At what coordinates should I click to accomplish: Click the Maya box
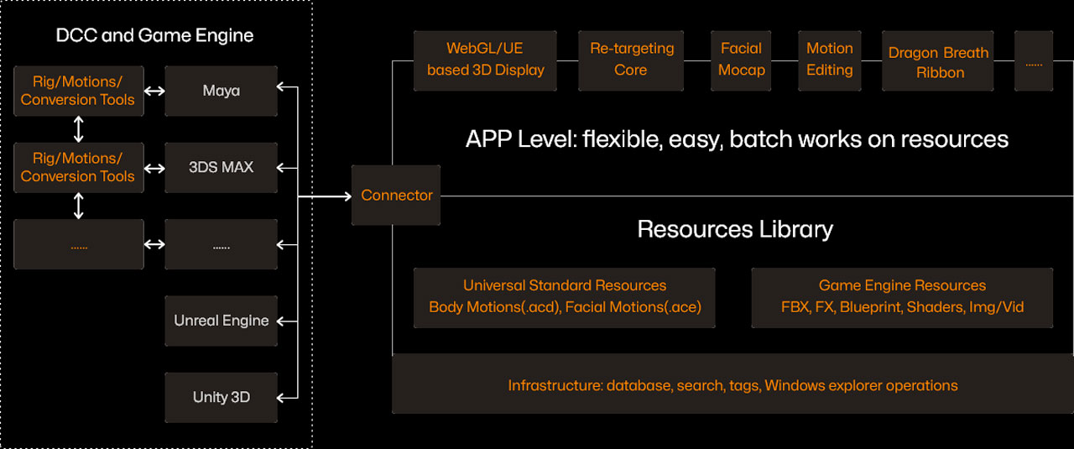pyautogui.click(x=221, y=91)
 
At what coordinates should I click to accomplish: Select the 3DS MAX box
pyautogui.click(x=221, y=167)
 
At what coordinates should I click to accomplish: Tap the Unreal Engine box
pyautogui.click(x=221, y=321)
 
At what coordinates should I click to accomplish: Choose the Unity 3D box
pyautogui.click(x=221, y=397)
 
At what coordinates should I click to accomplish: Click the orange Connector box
pyautogui.click(x=396, y=195)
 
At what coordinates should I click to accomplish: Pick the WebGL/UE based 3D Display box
pyautogui.click(x=485, y=60)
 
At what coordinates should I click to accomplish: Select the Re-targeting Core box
pyautogui.click(x=631, y=60)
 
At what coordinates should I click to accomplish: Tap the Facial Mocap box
pyautogui.click(x=741, y=60)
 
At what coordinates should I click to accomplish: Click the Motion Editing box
pyautogui.click(x=829, y=60)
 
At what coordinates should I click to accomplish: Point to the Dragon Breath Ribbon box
pyautogui.click(x=938, y=62)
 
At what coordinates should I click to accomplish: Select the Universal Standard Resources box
pyautogui.click(x=564, y=297)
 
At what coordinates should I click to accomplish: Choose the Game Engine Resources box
pyautogui.click(x=902, y=297)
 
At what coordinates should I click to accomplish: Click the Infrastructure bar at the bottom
pyautogui.click(x=732, y=385)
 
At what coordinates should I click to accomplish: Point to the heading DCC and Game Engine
pyautogui.click(x=154, y=35)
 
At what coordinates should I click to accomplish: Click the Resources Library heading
pyautogui.click(x=734, y=229)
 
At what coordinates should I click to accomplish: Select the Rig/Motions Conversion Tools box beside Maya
pyautogui.click(x=78, y=91)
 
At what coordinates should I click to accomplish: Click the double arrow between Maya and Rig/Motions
pyautogui.click(x=154, y=91)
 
